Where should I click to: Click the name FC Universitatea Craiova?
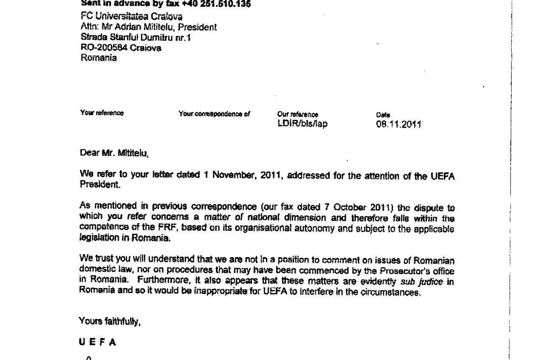point(131,16)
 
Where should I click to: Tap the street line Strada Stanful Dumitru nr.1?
point(136,38)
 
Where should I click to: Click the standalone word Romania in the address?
point(99,58)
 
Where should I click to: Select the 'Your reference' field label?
point(102,113)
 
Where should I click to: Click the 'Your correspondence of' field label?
point(214,114)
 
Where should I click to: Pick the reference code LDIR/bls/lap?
point(302,124)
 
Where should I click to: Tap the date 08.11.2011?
point(399,124)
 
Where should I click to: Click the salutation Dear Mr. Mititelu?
point(114,153)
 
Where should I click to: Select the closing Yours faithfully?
point(110,322)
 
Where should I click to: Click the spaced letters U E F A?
point(97,343)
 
